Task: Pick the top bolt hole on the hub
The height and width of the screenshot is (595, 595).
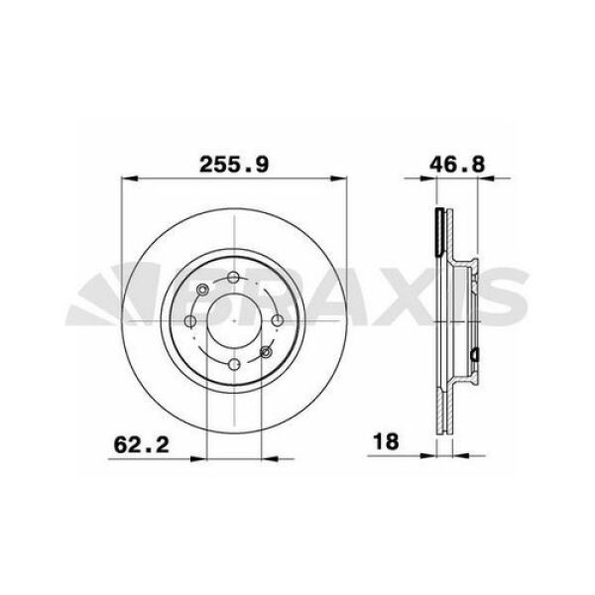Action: click(x=233, y=279)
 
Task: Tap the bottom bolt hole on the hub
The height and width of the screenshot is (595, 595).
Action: click(x=233, y=363)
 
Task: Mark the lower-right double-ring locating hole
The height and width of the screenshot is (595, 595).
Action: click(x=265, y=350)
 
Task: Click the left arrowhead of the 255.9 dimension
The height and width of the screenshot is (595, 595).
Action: click(x=126, y=179)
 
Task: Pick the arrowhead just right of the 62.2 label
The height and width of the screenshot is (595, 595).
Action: click(x=197, y=457)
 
